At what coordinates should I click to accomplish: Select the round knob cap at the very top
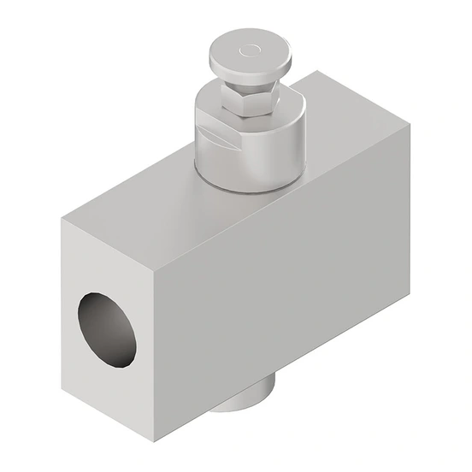pyautogui.click(x=248, y=57)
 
